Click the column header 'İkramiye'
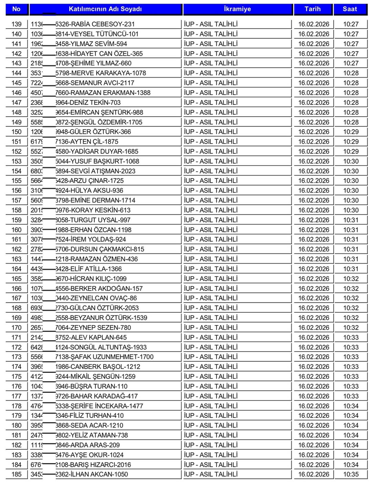(237, 9)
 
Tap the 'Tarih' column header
(312, 9)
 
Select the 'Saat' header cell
(350, 9)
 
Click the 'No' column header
(16, 9)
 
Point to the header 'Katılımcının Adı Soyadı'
(105, 9)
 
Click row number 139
(16, 24)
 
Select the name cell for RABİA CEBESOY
(95, 24)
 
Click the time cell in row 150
(351, 132)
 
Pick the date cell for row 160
(313, 230)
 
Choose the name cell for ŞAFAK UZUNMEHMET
(104, 357)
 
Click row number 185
(16, 474)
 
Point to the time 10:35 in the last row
(351, 474)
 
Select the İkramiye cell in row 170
(211, 328)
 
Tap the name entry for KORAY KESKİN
(93, 210)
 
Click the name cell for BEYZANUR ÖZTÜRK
(101, 318)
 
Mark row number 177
(16, 396)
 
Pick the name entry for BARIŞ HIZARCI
(93, 464)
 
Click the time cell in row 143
(351, 63)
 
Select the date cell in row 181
(313, 435)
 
